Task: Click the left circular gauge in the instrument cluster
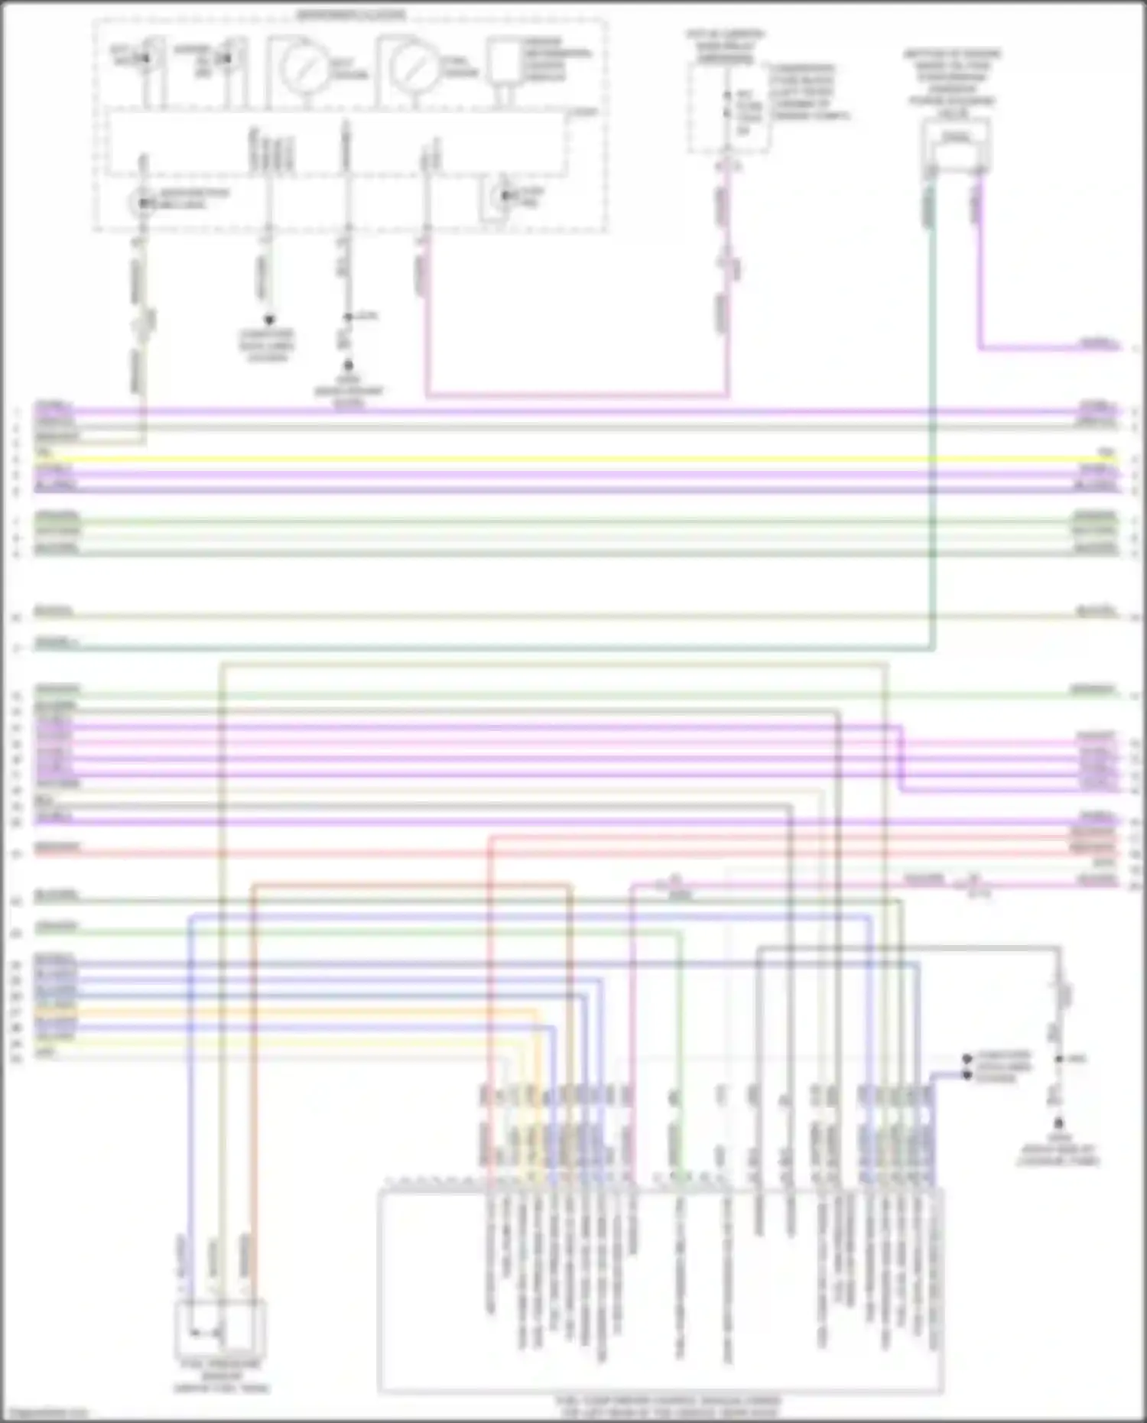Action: [304, 66]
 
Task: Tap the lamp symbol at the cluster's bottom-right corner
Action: [504, 197]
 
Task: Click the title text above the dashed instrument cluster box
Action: [351, 14]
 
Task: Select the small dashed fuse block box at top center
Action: [726, 107]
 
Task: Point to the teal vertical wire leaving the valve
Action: [932, 421]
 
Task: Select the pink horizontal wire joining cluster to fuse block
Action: [573, 396]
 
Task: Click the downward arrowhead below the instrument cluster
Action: [268, 320]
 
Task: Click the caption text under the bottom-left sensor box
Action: [220, 1376]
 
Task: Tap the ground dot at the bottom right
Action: [1058, 1123]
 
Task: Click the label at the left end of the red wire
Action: [57, 847]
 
